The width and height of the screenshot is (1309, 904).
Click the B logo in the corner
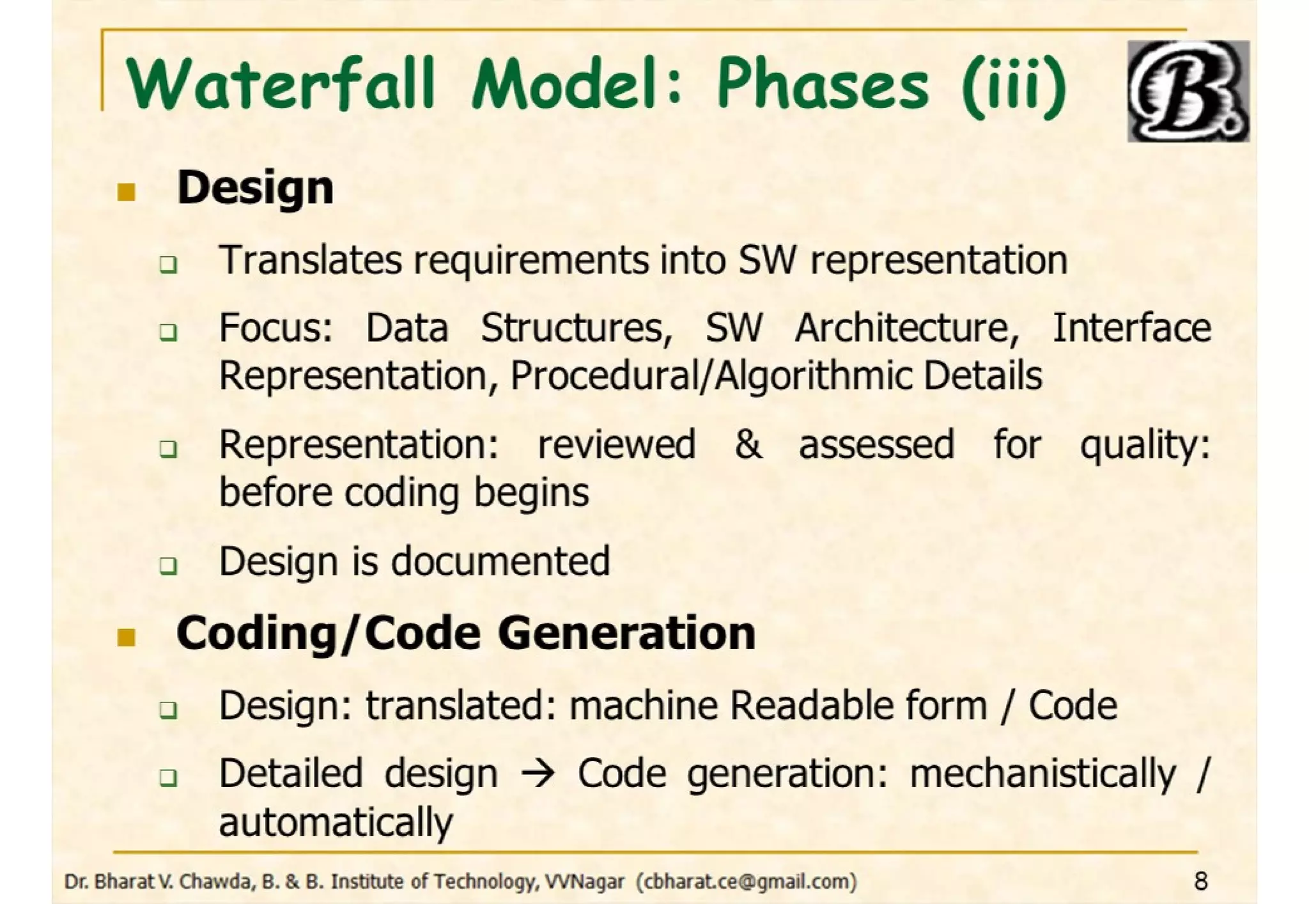1188,91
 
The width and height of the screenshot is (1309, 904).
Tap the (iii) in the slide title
1014,86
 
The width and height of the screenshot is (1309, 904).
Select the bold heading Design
255,189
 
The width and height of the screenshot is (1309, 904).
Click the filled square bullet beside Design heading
127,192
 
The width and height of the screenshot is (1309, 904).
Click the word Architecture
906,329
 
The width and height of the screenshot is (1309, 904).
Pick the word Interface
1131,329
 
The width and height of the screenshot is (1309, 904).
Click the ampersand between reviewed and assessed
747,445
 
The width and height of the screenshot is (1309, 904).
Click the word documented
500,562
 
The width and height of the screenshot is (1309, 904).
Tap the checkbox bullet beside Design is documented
168,565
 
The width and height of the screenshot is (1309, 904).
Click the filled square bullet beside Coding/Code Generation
127,637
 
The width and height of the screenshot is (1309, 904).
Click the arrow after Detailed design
538,774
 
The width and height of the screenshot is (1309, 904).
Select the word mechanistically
1042,774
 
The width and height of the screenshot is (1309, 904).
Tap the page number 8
1200,882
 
